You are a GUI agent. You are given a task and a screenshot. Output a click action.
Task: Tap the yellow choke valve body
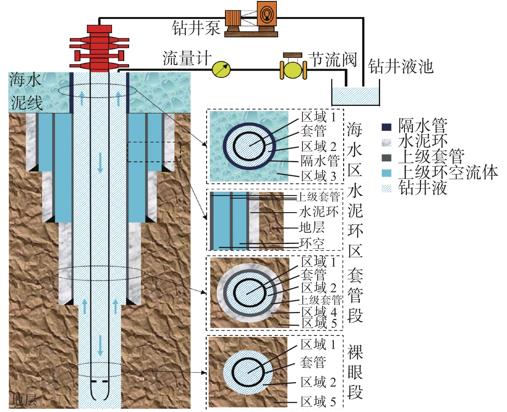(x=293, y=70)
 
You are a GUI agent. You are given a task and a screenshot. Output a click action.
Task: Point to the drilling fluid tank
(x=355, y=96)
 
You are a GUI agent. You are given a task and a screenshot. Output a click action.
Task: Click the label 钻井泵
(x=196, y=28)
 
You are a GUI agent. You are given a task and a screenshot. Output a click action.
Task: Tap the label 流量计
(x=187, y=59)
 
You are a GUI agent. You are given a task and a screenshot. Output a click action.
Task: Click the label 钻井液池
(x=400, y=67)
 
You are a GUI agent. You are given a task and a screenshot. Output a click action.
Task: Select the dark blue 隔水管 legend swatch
(x=386, y=127)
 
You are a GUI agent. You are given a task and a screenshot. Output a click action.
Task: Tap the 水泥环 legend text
(x=423, y=141)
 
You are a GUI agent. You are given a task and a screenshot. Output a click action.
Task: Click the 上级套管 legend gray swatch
(x=386, y=158)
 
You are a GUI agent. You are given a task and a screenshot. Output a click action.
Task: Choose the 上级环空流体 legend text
(x=448, y=172)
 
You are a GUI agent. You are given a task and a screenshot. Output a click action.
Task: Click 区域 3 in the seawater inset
(x=318, y=176)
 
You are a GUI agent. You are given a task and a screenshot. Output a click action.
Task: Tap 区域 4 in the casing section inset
(x=319, y=312)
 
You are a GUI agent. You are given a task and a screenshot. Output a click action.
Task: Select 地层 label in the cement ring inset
(x=312, y=228)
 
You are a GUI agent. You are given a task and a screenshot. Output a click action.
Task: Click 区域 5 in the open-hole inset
(x=318, y=402)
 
